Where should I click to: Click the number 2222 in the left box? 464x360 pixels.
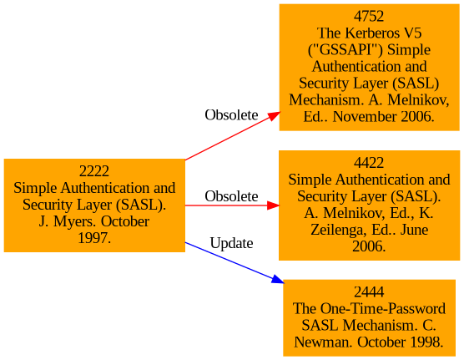coord(94,171)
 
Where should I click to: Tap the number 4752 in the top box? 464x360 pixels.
coord(369,17)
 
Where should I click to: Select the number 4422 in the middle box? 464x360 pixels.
coord(369,163)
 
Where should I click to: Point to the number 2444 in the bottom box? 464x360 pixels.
coord(369,292)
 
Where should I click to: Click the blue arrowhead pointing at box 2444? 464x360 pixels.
coord(278,279)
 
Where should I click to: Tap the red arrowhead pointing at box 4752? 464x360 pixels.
coord(274,115)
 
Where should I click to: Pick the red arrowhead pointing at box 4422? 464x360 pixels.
coord(273,205)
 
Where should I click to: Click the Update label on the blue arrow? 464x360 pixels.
coord(231,244)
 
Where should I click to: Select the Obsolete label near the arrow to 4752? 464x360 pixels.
coord(231,115)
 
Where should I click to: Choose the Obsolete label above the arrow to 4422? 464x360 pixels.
coord(231,196)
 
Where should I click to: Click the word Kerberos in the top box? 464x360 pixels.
coord(370,33)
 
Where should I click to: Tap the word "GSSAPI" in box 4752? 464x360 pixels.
coord(345,50)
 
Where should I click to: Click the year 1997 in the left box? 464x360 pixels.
coord(93,239)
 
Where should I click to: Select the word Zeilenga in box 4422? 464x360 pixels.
coord(334,231)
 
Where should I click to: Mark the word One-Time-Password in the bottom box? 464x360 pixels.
coord(382,309)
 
